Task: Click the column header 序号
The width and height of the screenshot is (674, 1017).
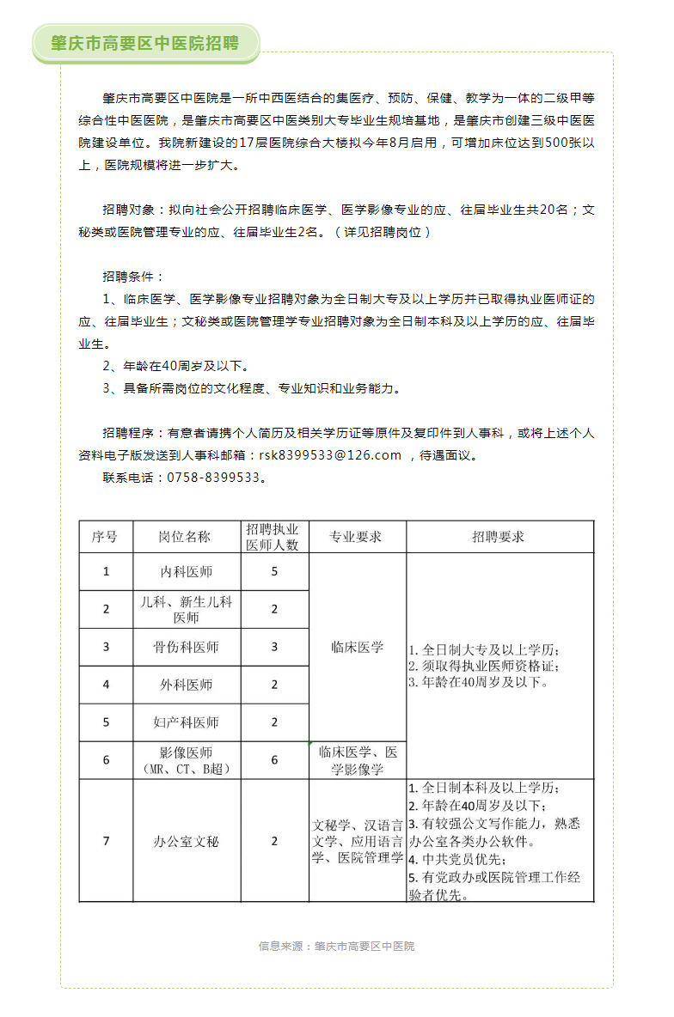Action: [x=106, y=537]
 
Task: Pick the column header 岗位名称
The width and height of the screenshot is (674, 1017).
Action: [x=187, y=537]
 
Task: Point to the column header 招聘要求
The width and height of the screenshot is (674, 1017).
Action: [x=499, y=537]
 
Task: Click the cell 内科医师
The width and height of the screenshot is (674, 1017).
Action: [x=187, y=571]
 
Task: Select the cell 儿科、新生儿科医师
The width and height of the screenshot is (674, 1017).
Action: [x=187, y=610]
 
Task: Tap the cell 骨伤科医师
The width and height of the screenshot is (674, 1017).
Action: [x=187, y=647]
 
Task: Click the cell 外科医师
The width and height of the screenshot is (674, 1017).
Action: [x=187, y=685]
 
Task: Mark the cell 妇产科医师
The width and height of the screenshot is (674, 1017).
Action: [x=187, y=722]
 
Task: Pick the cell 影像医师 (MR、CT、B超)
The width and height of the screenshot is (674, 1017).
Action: [x=187, y=760]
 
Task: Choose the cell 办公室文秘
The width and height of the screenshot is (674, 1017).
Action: [x=187, y=841]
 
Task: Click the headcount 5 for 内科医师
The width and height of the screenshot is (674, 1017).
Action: [x=274, y=571]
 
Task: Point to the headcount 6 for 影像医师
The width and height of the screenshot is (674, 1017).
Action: [x=274, y=760]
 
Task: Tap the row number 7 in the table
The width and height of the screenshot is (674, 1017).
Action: [x=106, y=841]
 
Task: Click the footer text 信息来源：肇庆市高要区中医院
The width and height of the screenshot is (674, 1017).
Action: [x=336, y=946]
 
